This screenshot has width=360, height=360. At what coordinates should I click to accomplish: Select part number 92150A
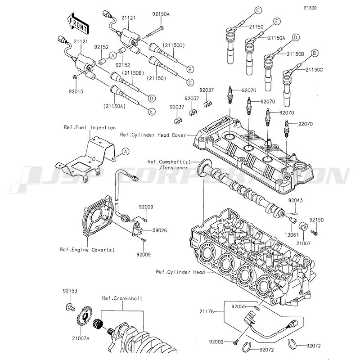pyautogui.click(x=161, y=14)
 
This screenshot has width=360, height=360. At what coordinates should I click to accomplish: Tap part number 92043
pyautogui.click(x=296, y=200)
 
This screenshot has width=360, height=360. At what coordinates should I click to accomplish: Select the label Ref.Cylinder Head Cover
pyautogui.click(x=153, y=135)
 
